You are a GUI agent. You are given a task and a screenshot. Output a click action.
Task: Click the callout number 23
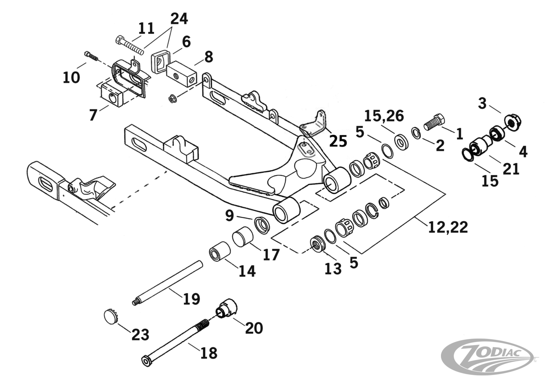point(140,334)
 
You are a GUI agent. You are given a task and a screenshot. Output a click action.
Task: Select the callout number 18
point(208,353)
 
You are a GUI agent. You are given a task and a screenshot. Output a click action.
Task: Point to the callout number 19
point(191,298)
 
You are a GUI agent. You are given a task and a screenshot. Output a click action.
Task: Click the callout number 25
point(337,141)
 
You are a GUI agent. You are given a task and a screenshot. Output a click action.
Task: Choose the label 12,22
point(448,227)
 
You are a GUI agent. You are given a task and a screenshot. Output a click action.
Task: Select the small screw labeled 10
point(91,56)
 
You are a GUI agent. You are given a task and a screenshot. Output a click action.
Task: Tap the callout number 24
point(179,18)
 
